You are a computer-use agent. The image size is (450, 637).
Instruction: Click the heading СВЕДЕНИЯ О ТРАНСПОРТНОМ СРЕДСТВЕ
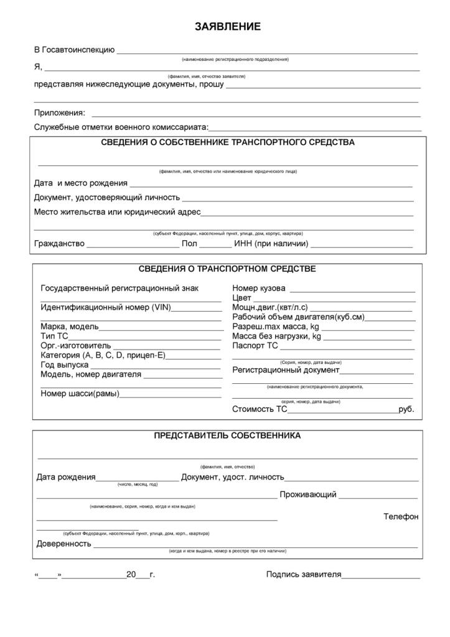tap(227, 269)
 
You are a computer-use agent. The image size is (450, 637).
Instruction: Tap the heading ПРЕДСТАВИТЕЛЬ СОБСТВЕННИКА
tap(227, 436)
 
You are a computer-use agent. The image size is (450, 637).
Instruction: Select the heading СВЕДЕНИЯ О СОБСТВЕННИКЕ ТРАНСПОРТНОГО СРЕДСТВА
tap(228, 142)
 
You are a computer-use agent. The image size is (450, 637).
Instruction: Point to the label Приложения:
tap(59, 113)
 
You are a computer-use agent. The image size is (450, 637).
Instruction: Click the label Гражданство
tap(59, 244)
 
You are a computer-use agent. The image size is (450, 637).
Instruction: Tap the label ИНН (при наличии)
tap(271, 244)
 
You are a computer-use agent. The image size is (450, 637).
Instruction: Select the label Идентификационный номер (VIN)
tap(105, 307)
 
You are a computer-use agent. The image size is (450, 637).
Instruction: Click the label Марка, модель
tap(69, 327)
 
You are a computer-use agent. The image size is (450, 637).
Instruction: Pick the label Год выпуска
tap(64, 365)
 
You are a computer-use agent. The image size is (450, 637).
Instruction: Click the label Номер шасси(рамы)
tap(80, 394)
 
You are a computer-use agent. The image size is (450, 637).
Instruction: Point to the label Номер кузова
tap(259, 289)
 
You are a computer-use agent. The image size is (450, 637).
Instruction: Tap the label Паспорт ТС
tap(255, 346)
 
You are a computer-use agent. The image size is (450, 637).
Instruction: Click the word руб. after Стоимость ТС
tap(406, 409)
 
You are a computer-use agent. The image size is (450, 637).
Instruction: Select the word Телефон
tap(401, 516)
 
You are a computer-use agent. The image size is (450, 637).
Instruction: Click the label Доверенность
tap(63, 544)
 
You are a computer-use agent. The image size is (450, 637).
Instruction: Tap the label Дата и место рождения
tap(80, 184)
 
